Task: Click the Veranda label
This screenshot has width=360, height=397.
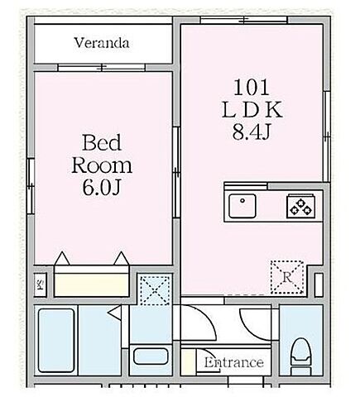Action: click(x=101, y=41)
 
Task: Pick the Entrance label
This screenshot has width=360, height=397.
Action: click(x=234, y=362)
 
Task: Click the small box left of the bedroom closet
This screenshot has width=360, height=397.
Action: click(x=40, y=285)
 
